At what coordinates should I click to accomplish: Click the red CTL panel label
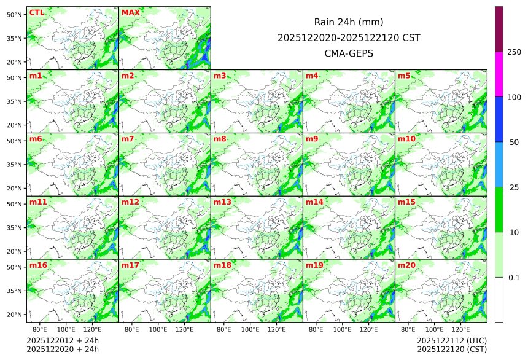36,12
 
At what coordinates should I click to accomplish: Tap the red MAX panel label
130,12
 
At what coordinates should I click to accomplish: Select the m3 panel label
220,76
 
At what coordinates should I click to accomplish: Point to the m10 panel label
406,139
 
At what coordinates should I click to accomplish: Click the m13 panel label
222,202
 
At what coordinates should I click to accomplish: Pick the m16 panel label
38,265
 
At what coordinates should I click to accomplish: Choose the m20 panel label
406,265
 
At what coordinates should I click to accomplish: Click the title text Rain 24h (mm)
349,22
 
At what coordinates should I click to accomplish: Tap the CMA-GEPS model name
349,53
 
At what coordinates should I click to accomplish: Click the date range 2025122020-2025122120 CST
349,37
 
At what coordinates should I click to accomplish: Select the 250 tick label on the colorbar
514,52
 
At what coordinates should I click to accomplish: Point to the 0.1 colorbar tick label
514,278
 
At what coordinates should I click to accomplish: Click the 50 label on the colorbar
514,143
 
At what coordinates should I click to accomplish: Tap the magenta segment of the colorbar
499,74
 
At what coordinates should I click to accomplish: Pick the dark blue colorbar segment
499,119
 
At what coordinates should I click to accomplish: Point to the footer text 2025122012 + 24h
63,340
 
